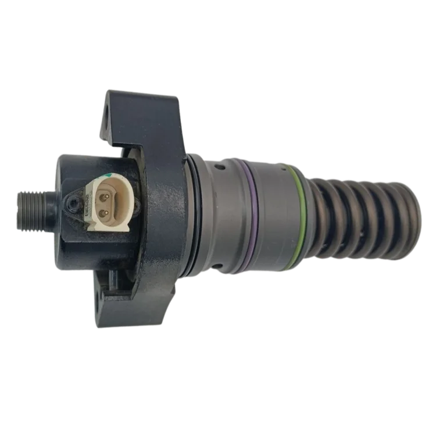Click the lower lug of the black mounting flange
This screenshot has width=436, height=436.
point(140,302)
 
